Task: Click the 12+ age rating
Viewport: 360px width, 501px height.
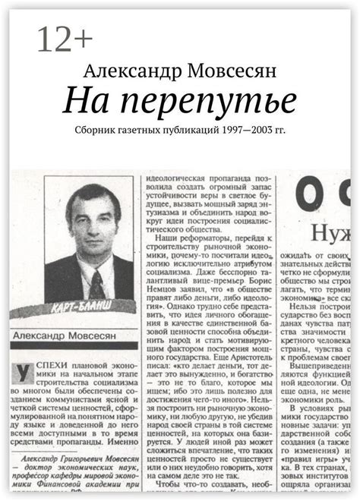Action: point(65,39)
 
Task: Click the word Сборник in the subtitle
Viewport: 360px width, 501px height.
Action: point(96,130)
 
